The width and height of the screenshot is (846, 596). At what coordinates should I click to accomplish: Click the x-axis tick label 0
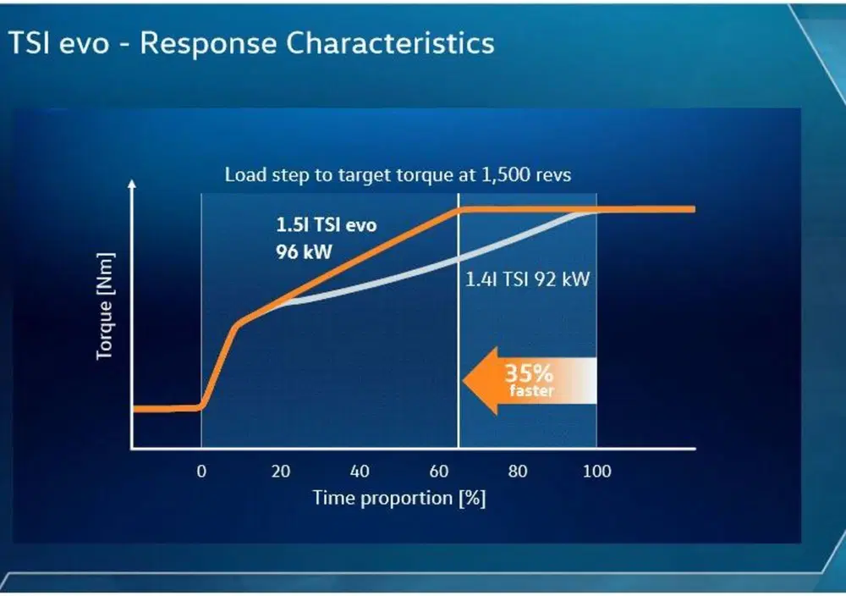(201, 472)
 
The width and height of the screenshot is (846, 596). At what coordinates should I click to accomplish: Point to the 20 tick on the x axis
(281, 472)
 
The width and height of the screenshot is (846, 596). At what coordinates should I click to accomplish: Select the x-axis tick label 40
(360, 472)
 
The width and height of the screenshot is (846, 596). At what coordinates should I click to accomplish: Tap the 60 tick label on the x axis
(438, 472)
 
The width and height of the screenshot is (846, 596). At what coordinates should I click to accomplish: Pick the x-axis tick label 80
(518, 472)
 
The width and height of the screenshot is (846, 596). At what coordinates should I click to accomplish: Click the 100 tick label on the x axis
(596, 472)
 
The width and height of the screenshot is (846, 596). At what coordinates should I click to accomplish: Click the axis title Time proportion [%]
(399, 498)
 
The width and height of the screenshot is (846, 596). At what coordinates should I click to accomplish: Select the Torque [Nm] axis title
(105, 306)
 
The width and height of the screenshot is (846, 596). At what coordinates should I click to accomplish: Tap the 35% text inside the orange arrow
(529, 373)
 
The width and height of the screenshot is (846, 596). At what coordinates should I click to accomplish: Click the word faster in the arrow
(532, 390)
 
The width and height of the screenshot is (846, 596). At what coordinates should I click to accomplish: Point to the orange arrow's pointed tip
(464, 381)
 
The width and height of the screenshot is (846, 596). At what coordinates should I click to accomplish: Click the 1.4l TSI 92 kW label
(528, 279)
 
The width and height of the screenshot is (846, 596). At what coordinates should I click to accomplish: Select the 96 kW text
(304, 252)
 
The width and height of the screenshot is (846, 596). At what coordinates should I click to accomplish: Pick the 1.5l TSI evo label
(327, 224)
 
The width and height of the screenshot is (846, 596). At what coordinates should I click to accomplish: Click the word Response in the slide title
(209, 44)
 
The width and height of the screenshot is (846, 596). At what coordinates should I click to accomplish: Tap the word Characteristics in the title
(390, 42)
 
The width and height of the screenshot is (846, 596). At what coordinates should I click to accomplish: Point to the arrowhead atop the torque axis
(132, 184)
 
